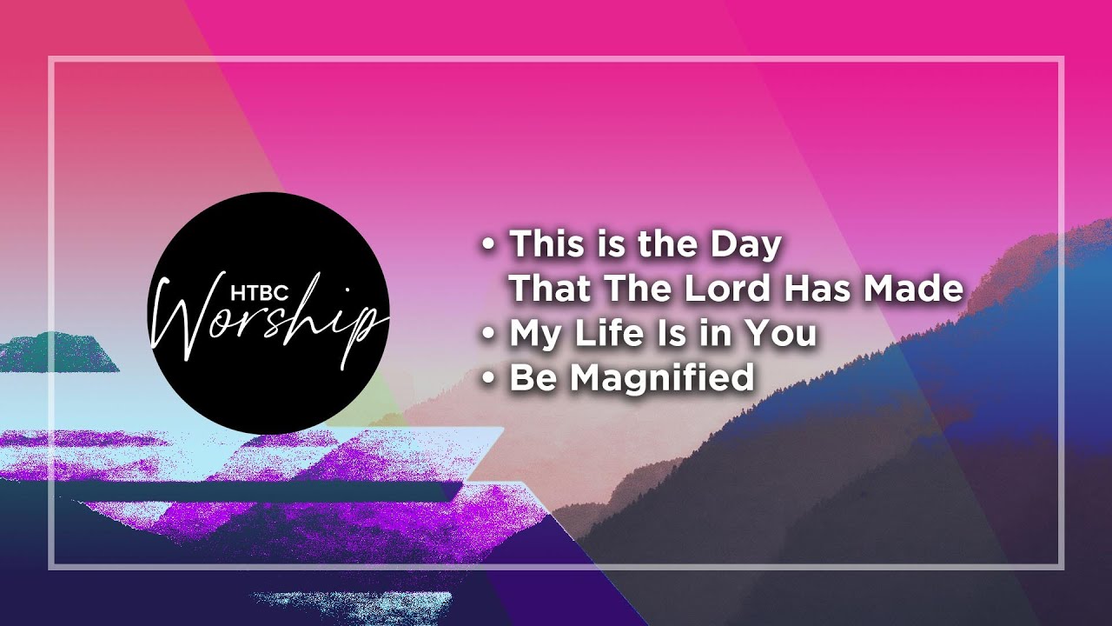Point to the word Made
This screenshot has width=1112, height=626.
(x=913, y=289)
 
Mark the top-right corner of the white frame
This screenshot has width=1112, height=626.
(x=1062, y=59)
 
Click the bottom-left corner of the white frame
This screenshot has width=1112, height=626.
(x=50, y=566)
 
